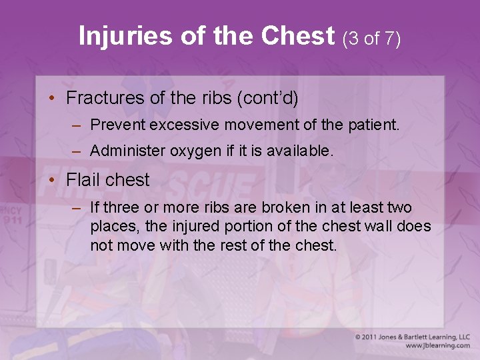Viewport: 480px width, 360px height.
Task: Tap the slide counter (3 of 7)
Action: (x=371, y=38)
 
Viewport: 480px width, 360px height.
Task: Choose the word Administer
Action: (x=127, y=151)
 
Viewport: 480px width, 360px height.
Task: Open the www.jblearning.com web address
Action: (x=437, y=345)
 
